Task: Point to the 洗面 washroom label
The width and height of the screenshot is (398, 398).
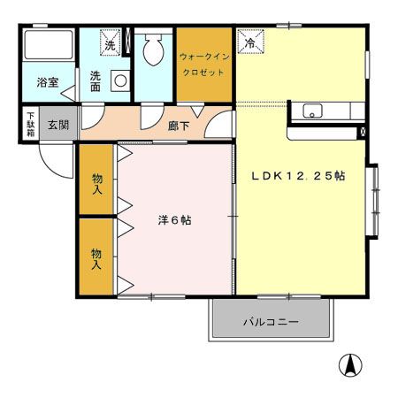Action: coord(96,81)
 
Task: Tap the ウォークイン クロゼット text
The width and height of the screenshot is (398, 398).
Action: coord(204,64)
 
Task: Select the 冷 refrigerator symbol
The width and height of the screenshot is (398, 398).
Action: coord(249,42)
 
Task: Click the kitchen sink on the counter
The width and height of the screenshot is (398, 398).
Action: coord(312,111)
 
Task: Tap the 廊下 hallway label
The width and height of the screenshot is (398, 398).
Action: coord(178,126)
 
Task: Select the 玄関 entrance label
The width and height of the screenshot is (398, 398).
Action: coord(59,125)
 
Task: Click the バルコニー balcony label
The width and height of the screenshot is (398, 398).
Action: coord(272,322)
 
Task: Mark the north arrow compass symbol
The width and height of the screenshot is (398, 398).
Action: coord(351,364)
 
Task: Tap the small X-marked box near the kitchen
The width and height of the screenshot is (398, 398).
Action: coord(363,131)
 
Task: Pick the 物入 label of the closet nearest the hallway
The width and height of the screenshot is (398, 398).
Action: coord(96,181)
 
